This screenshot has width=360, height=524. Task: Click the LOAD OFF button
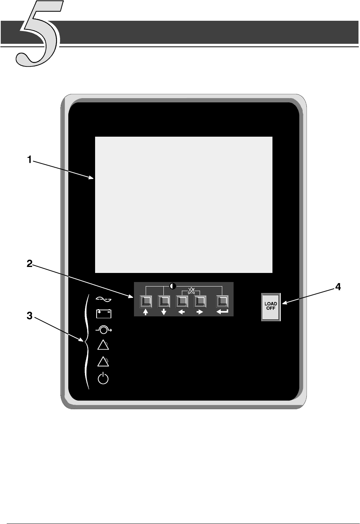[271, 307]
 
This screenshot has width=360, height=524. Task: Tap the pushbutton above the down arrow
[164, 302]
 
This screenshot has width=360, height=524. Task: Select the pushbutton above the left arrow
[182, 302]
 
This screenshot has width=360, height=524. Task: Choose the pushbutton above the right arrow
[200, 302]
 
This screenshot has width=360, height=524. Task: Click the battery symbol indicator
[103, 314]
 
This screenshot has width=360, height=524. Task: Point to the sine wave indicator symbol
[103, 299]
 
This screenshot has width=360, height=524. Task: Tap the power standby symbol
[103, 379]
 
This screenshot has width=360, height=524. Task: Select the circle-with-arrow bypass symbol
[104, 330]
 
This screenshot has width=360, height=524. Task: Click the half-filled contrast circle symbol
[173, 286]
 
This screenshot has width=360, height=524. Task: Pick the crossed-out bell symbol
[191, 291]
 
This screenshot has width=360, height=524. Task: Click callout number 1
[29, 160]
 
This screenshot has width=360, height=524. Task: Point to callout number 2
[29, 264]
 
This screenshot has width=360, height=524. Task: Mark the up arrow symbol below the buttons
[146, 313]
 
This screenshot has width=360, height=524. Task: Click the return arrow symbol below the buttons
[222, 312]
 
